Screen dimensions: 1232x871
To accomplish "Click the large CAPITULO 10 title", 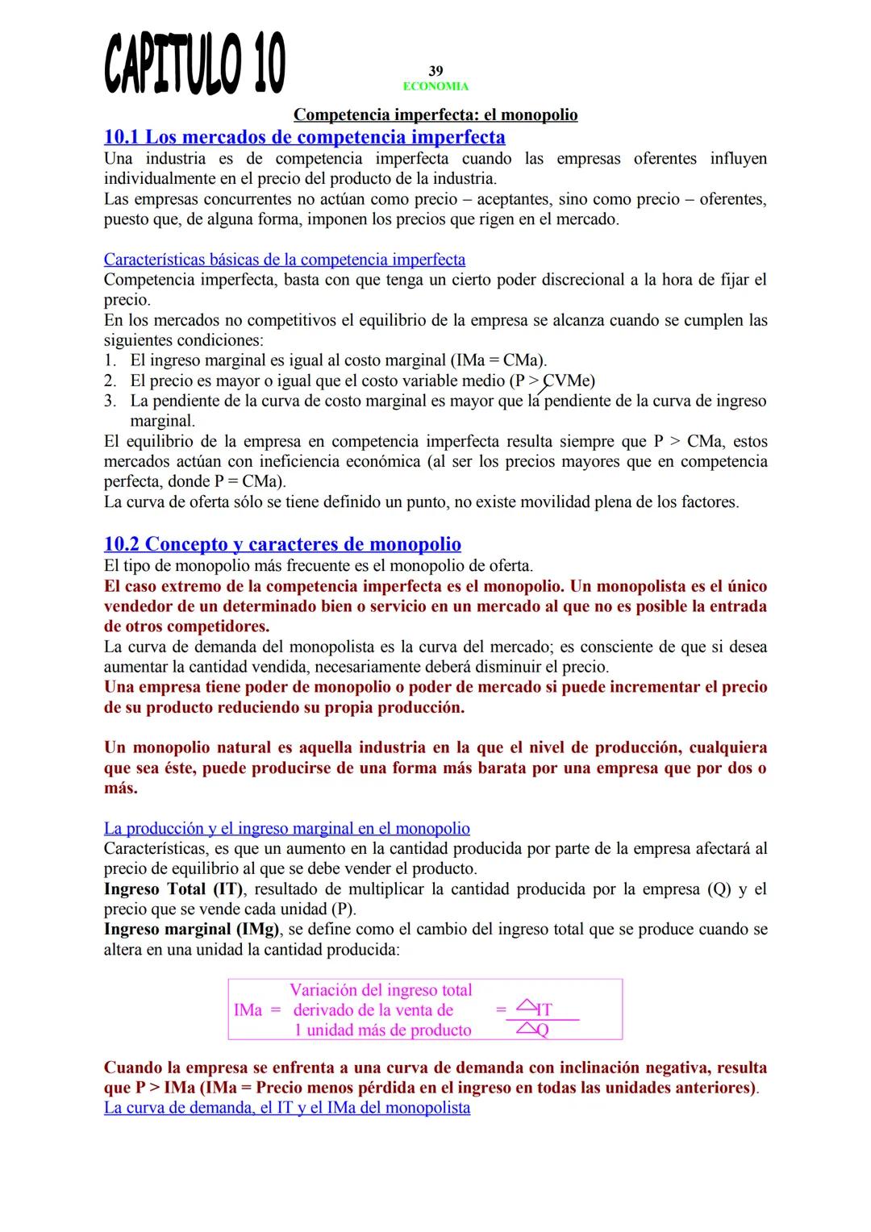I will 194,64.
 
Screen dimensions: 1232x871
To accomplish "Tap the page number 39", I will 435,71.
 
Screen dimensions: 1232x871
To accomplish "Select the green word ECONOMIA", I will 435,86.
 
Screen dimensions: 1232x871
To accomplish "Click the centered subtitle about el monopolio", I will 435,114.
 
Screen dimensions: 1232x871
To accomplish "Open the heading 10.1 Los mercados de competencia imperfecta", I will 305,136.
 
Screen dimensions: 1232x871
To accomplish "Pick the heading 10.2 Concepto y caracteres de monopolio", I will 282,543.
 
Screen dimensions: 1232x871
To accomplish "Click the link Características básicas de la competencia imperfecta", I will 285,260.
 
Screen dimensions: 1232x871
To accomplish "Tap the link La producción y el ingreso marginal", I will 287,828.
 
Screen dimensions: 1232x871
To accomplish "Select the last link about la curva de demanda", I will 287,1108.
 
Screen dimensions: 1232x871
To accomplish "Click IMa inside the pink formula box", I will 248,1010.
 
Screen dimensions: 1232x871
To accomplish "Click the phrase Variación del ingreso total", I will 381,990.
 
